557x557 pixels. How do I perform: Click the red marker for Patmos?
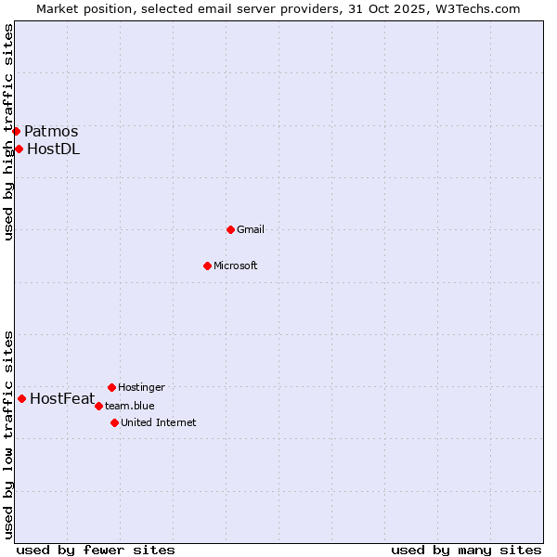click(16, 131)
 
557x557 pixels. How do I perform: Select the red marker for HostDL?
click(19, 149)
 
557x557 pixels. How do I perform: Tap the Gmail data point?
click(230, 229)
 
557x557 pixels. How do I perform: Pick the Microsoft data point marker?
click(207, 266)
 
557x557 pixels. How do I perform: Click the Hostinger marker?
click(111, 387)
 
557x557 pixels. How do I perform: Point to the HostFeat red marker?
click(21, 398)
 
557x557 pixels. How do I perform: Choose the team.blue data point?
click(98, 406)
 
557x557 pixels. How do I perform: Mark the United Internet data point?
click(114, 422)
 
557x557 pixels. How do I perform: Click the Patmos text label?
click(51, 132)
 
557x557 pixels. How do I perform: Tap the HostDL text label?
click(53, 149)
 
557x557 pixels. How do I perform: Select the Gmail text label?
click(251, 230)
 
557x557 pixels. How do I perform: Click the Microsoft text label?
click(235, 266)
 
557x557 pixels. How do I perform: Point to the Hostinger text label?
click(141, 387)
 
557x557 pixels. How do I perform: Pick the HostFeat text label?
click(62, 399)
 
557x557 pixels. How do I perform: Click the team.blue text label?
click(129, 406)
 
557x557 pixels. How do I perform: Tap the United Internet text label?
click(158, 423)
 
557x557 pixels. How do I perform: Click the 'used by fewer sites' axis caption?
click(96, 550)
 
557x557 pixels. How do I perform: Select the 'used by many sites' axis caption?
click(466, 550)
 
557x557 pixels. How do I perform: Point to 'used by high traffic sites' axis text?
click(8, 132)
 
